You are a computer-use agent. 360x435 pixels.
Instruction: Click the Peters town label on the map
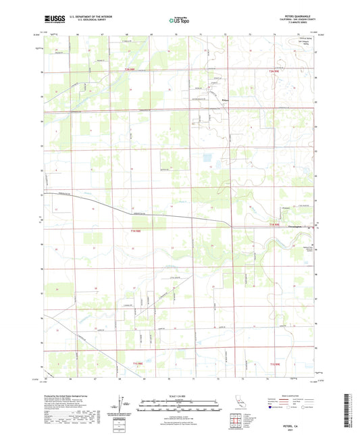226,101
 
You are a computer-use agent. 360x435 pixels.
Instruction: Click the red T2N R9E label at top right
274,70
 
